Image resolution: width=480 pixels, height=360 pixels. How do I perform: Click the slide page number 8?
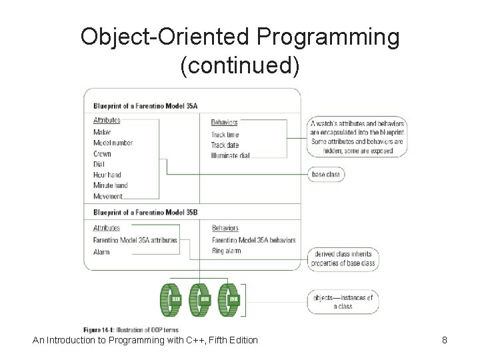(444, 340)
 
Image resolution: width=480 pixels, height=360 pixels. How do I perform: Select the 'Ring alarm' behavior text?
(226, 251)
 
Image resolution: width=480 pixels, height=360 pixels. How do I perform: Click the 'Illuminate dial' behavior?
(230, 155)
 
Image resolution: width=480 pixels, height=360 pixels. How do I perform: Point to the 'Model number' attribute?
(113, 143)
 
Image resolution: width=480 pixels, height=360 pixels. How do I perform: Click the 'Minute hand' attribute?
(110, 185)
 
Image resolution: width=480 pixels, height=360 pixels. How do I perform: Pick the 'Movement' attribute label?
(108, 196)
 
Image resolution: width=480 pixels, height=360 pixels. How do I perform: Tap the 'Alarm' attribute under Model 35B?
(101, 251)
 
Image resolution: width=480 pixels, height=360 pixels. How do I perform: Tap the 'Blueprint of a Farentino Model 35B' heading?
(141, 213)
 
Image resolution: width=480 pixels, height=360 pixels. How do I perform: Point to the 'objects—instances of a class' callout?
(343, 301)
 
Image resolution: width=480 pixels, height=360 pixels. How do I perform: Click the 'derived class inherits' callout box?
(343, 259)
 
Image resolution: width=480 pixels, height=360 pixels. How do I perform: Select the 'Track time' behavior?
(225, 135)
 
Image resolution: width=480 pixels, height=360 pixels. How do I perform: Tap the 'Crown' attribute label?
(102, 153)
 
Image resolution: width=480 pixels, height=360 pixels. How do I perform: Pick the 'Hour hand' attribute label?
(107, 175)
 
